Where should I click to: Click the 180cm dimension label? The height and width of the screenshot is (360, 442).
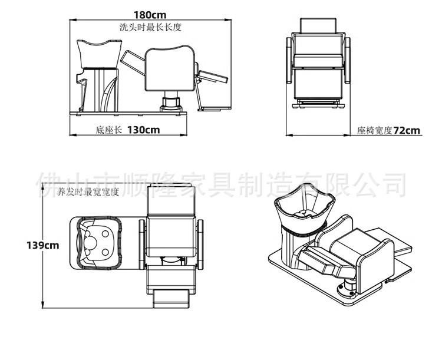(150, 14)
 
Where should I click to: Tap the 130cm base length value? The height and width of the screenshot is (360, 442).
(143, 130)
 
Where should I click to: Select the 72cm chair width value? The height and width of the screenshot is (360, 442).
(407, 131)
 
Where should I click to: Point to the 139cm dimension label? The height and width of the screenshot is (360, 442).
(43, 245)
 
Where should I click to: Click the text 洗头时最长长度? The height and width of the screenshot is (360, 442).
(150, 27)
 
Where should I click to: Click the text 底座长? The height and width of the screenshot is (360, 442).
(108, 130)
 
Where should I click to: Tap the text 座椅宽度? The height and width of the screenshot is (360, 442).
(375, 131)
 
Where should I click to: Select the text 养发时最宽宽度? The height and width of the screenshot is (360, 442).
(88, 192)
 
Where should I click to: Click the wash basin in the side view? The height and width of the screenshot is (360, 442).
(99, 54)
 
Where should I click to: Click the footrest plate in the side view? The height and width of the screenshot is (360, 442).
(215, 108)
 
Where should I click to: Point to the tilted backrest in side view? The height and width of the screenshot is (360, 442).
(133, 63)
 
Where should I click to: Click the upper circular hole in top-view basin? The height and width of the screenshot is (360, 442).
(105, 234)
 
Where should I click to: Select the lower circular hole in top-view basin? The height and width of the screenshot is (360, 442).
(105, 252)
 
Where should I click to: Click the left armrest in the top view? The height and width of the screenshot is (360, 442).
(142, 245)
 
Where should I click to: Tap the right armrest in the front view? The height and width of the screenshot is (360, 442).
(347, 60)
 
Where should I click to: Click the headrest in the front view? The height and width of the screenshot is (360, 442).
(318, 26)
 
